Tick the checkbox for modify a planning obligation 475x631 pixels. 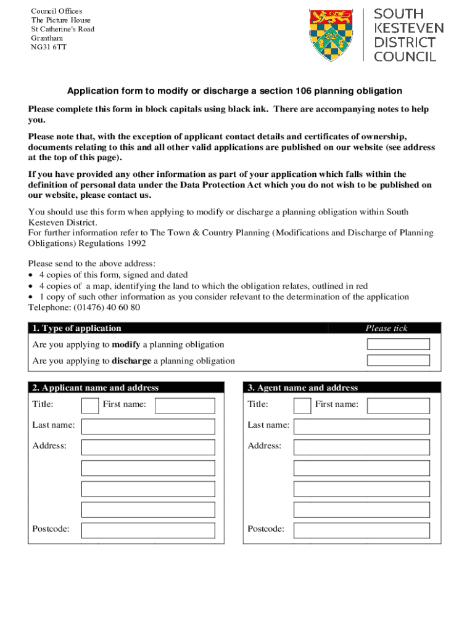[x=398, y=344]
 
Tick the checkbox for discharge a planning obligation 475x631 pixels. [x=398, y=360]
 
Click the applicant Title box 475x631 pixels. [x=90, y=405]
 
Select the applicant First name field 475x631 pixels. [x=184, y=405]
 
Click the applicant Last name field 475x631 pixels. [x=148, y=426]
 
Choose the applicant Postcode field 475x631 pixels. [x=148, y=530]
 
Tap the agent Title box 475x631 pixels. [x=302, y=405]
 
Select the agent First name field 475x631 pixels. [x=398, y=405]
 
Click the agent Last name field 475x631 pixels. [x=361, y=426]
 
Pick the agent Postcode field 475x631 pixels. [x=361, y=530]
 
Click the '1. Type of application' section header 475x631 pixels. [x=77, y=328]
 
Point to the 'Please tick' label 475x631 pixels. [x=386, y=328]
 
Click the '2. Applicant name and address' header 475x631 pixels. [x=96, y=388]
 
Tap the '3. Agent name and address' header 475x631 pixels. [x=303, y=388]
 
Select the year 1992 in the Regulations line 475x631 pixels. [x=136, y=243]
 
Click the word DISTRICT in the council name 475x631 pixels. [x=405, y=43]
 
